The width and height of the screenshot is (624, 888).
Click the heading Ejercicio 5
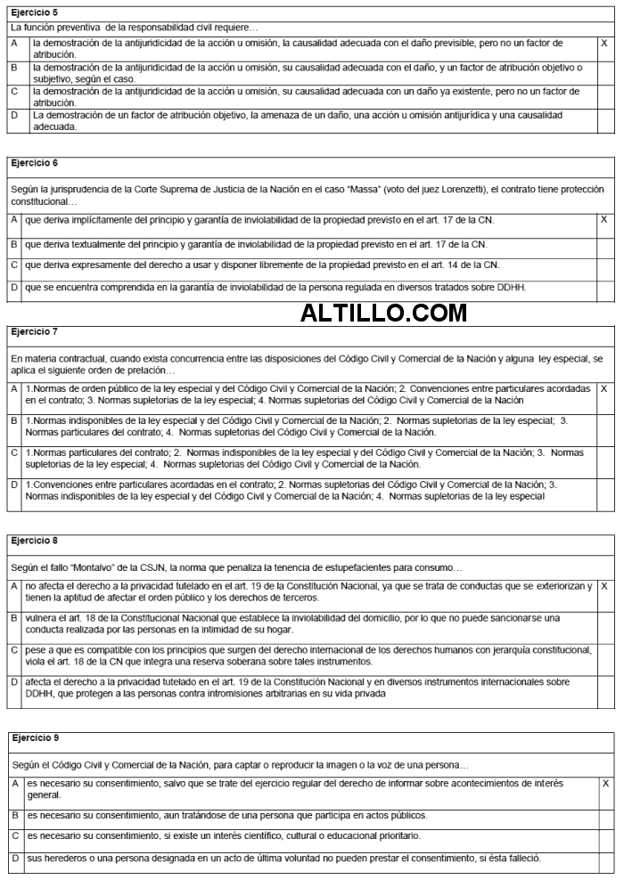(x=34, y=12)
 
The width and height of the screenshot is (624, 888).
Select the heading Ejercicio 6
(x=34, y=163)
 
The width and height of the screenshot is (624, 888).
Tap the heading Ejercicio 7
(x=34, y=331)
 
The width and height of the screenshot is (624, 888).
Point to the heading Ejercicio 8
(x=34, y=540)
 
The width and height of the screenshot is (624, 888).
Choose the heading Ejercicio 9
(x=36, y=738)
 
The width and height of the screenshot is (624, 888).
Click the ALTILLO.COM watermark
(x=383, y=313)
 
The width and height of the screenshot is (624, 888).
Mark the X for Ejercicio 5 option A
(x=604, y=43)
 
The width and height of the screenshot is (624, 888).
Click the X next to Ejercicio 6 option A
(x=604, y=219)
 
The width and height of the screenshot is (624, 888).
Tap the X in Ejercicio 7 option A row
(x=604, y=389)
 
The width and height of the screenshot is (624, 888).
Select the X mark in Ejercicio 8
(x=604, y=586)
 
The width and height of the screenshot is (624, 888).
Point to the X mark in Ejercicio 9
(x=605, y=783)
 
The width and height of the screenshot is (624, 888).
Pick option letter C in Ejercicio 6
(x=13, y=265)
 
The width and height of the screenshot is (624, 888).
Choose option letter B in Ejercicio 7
(x=13, y=420)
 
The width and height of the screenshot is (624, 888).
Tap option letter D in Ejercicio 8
(x=13, y=681)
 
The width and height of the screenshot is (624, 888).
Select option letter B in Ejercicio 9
(x=14, y=815)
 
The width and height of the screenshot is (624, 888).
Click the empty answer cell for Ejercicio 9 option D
(x=605, y=859)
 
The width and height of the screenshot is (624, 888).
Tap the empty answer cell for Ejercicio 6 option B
(x=604, y=243)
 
